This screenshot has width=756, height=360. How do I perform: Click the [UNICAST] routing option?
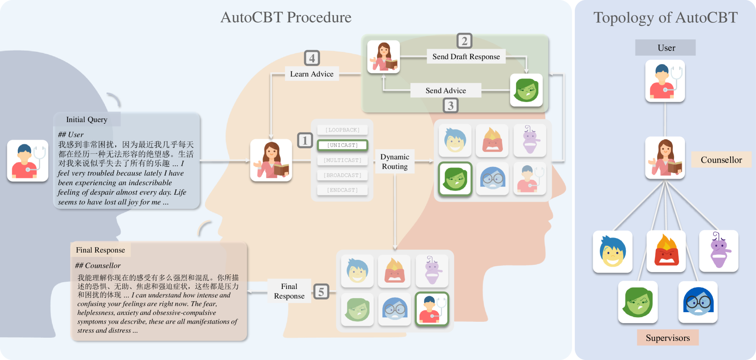point(342,145)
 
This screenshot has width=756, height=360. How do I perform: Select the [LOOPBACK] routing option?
point(342,130)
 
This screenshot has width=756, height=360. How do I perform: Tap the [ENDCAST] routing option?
point(342,190)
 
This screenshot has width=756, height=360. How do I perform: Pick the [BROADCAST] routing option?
point(342,175)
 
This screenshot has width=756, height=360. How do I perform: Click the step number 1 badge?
point(305,140)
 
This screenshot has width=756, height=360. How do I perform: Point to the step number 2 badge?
point(464,41)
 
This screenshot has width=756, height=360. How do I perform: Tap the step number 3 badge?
point(451,106)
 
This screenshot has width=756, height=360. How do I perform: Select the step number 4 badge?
point(312,58)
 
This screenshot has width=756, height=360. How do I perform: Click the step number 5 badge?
point(321,292)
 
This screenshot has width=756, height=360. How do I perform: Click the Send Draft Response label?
point(466,56)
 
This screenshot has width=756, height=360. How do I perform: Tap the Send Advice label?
point(446,91)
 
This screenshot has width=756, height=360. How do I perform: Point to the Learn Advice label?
point(312,74)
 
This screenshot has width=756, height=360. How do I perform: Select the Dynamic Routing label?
point(395,162)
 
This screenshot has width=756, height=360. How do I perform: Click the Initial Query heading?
point(87,120)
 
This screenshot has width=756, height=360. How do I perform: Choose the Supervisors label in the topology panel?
point(668,338)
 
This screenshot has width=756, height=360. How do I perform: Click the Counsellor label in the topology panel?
point(721,160)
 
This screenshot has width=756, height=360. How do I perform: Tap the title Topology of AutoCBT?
point(665,18)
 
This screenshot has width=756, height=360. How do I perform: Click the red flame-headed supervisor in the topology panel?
point(666,251)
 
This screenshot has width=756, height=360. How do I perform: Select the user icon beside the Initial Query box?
point(28,161)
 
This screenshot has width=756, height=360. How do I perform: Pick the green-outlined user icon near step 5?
point(432,309)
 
